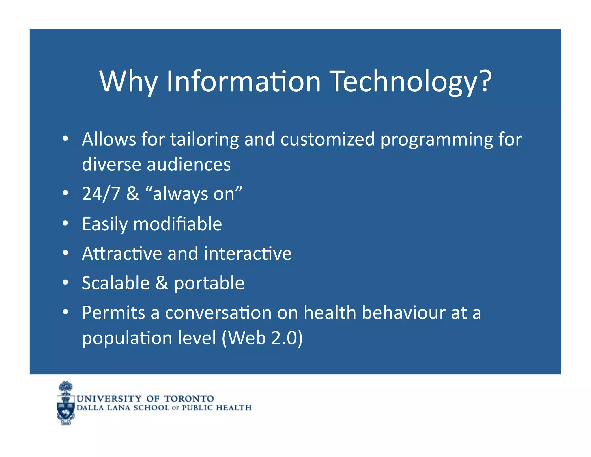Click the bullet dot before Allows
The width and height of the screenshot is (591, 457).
tap(66, 139)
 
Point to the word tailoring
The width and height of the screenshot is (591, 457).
tap(204, 140)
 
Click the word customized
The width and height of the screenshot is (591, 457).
tap(328, 140)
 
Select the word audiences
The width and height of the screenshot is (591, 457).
tap(189, 165)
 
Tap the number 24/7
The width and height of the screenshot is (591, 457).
tap(101, 194)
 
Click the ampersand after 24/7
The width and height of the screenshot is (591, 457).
tap(132, 194)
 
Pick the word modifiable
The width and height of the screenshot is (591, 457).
tap(177, 224)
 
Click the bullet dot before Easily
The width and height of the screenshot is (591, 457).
tap(66, 224)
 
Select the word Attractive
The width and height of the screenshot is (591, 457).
tap(122, 254)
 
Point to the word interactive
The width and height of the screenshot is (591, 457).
tap(248, 254)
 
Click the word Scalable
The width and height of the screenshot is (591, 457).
tap(116, 283)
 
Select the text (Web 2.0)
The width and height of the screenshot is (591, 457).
tap(262, 338)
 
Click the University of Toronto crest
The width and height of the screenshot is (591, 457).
tap(66, 403)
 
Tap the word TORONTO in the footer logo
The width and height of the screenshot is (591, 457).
tap(189, 399)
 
